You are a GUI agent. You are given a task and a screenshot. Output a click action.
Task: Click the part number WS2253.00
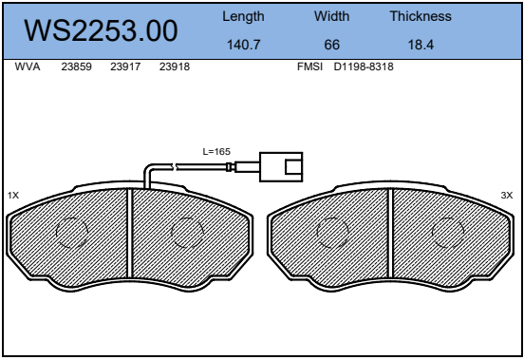pos(101,30)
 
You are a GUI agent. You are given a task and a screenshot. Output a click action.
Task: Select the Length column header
pos(243,16)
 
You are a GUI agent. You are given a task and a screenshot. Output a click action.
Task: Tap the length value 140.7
pos(243,45)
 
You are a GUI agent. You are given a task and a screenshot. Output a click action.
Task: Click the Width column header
pos(332,16)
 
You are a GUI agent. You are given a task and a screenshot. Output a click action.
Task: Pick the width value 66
pos(332,45)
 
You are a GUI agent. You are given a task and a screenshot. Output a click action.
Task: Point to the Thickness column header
pos(421,16)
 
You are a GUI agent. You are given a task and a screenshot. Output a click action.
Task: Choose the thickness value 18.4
pos(421,45)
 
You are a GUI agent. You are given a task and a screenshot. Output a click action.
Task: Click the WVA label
pos(28,66)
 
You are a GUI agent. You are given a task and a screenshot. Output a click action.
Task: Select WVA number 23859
pos(76,66)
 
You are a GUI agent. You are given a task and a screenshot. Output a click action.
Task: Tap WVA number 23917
pos(125,66)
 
